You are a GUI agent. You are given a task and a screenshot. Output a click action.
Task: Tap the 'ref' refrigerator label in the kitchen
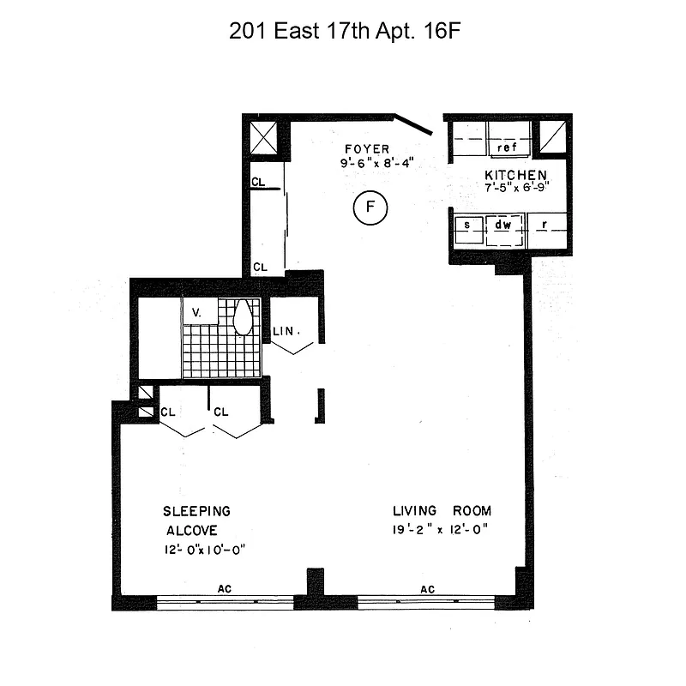pos(506,147)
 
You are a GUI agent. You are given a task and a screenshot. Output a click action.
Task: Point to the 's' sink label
pos(468,226)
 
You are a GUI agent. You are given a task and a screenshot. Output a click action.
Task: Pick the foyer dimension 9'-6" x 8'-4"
pos(378,162)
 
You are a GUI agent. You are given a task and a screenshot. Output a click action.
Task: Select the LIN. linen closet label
pos(285,331)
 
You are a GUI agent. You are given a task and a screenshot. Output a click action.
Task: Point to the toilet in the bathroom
pos(243,317)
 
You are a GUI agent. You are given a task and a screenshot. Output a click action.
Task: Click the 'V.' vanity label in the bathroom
pos(196,313)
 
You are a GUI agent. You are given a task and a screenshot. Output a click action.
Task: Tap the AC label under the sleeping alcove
pos(226,589)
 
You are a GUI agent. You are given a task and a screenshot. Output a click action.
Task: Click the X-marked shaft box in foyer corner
pos(264,137)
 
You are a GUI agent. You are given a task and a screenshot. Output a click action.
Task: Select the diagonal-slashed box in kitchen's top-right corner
pos(551,136)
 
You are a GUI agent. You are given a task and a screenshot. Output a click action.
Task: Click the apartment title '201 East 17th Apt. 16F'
pos(346,32)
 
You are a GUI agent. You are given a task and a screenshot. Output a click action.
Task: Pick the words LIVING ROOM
pos(442,511)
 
